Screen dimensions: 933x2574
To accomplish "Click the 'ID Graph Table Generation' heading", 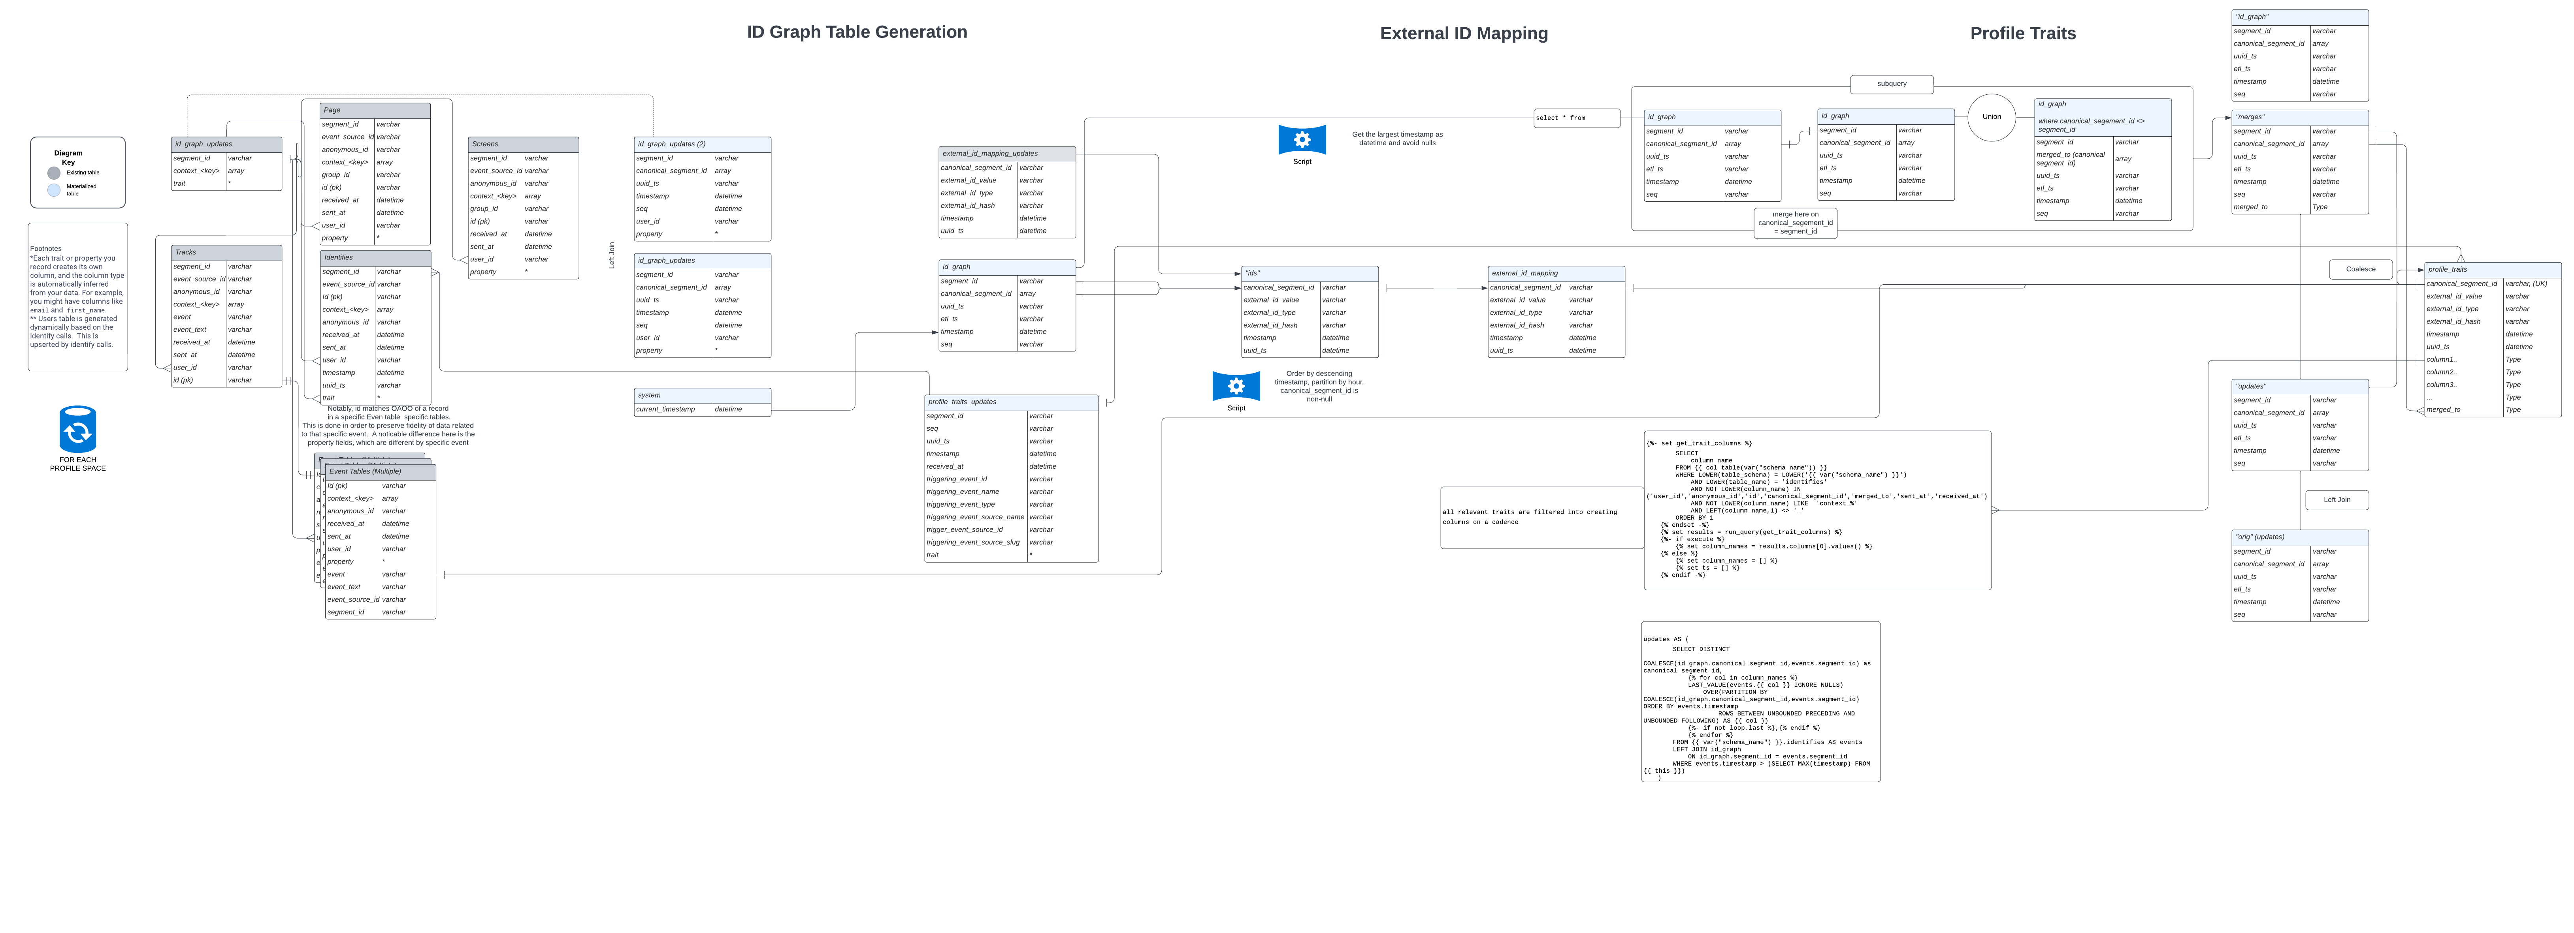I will pyautogui.click(x=856, y=32).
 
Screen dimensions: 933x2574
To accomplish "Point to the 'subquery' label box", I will pyautogui.click(x=1890, y=84).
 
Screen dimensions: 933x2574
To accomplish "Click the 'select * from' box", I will pyautogui.click(x=1576, y=118).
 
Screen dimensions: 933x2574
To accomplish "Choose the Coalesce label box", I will pyautogui.click(x=2360, y=269).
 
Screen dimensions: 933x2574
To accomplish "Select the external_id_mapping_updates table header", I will pyautogui.click(x=1006, y=154).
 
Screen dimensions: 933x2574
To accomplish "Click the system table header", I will pyautogui.click(x=701, y=396).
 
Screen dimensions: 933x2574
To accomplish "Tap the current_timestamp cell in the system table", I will pyautogui.click(x=673, y=409).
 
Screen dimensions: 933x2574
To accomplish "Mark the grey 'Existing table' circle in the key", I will pyautogui.click(x=54, y=173).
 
